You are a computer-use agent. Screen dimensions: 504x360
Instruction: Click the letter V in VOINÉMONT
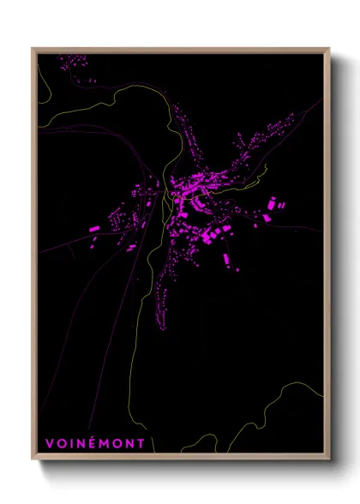click(x=50, y=443)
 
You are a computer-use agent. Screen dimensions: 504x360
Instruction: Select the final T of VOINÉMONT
click(x=141, y=443)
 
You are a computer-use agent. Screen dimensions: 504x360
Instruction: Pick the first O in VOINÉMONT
click(x=61, y=443)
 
